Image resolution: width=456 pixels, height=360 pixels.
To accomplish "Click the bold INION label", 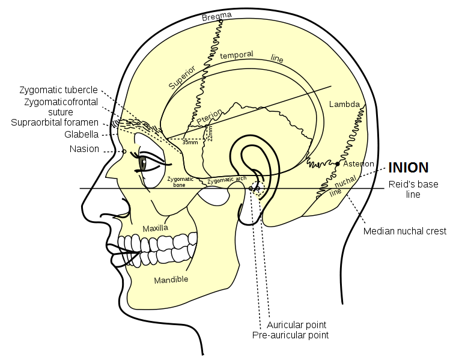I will [x=409, y=168].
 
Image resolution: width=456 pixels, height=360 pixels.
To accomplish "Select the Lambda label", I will [x=344, y=104].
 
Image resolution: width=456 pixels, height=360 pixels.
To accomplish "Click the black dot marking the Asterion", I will [x=338, y=163].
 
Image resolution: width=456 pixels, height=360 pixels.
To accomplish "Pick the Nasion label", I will [x=84, y=149].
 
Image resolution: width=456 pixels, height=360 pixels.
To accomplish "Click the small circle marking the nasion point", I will [x=124, y=151].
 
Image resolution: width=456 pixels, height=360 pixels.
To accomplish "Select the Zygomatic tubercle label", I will [x=58, y=90].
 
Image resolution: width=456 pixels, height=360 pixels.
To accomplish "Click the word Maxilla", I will [x=155, y=228].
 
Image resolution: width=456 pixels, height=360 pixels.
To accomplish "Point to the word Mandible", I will [x=171, y=279].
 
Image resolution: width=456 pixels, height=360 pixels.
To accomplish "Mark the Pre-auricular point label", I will [x=290, y=335].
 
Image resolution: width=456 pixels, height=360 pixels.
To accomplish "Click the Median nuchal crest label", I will [x=404, y=231].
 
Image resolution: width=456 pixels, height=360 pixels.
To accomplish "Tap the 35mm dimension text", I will [x=190, y=142].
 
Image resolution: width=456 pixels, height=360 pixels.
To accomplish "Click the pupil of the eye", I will [x=143, y=162].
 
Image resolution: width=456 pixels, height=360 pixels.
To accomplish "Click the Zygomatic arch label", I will [x=226, y=180].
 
